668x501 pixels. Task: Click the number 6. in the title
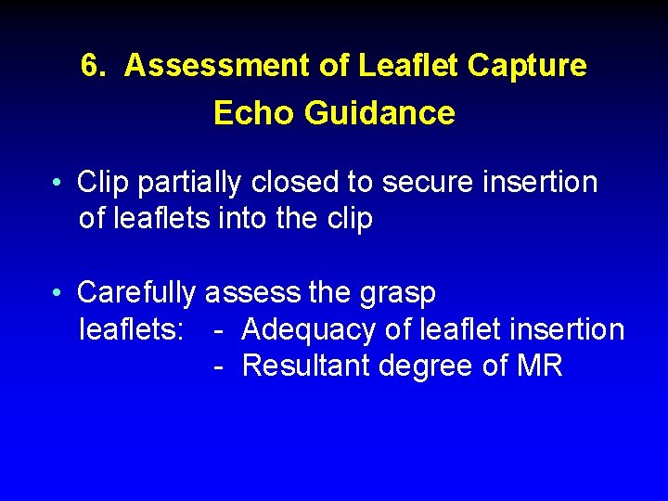pyautogui.click(x=94, y=66)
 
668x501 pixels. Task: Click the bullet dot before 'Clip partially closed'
pyautogui.click(x=58, y=183)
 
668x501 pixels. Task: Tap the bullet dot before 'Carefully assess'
pyautogui.click(x=58, y=294)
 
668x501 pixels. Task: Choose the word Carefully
pyautogui.click(x=136, y=293)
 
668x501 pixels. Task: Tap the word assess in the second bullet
pyautogui.click(x=252, y=293)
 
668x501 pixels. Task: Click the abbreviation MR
pyautogui.click(x=539, y=366)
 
